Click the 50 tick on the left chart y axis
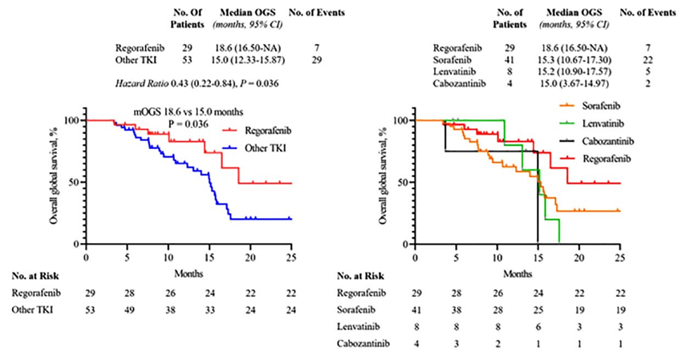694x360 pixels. point(74,182)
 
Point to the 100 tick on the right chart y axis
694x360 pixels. point(400,120)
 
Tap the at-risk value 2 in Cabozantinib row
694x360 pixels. point(497,345)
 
